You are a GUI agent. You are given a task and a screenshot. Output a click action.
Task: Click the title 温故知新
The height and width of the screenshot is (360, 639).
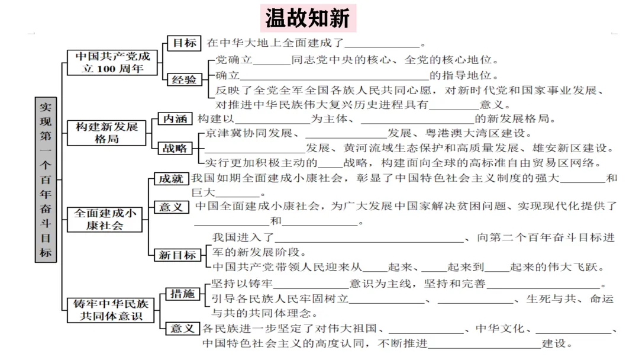307,18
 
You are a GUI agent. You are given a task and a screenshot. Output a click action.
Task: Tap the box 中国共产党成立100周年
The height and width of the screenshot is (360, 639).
112,62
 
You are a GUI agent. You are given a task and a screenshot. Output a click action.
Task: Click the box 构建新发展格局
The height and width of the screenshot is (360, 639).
106,133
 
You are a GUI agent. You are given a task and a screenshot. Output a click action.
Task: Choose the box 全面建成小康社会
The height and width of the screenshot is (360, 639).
106,219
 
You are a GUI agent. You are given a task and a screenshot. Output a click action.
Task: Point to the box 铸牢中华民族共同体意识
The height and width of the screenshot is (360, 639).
111,310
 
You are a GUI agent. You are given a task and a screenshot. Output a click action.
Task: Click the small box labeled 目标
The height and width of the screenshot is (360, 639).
183,43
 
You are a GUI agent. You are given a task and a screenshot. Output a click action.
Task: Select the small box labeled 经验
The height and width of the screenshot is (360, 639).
184,79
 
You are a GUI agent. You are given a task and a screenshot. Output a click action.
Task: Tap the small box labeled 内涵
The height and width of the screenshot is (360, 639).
175,118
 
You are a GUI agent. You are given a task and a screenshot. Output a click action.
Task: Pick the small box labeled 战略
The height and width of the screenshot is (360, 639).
174,148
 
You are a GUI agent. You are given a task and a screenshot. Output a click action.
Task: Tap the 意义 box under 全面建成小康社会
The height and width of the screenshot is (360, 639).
171,207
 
